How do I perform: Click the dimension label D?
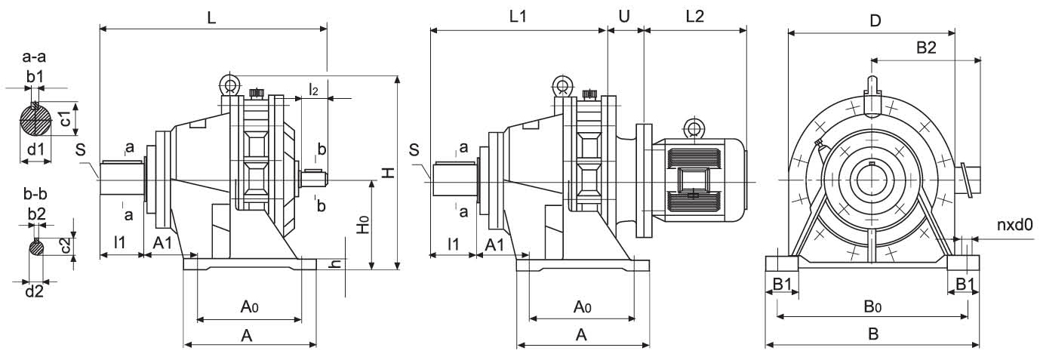pyautogui.click(x=875, y=20)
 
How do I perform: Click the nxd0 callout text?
pyautogui.click(x=1014, y=224)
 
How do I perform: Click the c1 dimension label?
pyautogui.click(x=66, y=118)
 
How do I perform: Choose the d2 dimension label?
pyautogui.click(x=34, y=290)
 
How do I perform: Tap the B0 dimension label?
pyautogui.click(x=872, y=306)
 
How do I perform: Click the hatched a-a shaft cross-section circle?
pyautogui.click(x=35, y=118)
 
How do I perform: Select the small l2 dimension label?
pyautogui.click(x=314, y=90)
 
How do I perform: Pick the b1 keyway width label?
pyautogui.click(x=35, y=75)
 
